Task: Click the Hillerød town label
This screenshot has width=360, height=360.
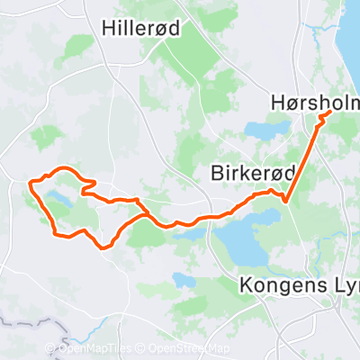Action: click(x=142, y=28)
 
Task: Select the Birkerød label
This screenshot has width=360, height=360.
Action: click(x=246, y=171)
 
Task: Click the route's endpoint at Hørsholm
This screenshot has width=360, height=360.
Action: click(x=329, y=113)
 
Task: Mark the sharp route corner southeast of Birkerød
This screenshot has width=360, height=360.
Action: click(x=284, y=201)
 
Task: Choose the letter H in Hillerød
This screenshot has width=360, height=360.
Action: click(x=109, y=28)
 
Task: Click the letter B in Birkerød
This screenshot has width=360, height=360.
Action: click(x=217, y=171)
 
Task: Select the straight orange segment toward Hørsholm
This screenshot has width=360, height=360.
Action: click(x=307, y=157)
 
